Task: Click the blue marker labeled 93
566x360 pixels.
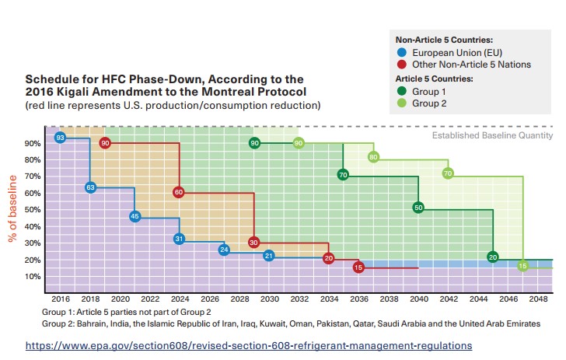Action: click(x=60, y=138)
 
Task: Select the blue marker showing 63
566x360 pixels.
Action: click(x=90, y=187)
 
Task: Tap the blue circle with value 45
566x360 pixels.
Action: click(x=135, y=216)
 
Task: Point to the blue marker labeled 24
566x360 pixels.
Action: click(x=224, y=250)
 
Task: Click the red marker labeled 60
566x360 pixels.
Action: click(x=179, y=192)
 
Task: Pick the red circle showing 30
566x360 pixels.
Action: click(x=253, y=243)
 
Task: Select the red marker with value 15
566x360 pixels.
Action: click(x=358, y=267)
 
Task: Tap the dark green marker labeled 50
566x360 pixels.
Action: click(x=418, y=208)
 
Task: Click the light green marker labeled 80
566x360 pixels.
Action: click(x=373, y=157)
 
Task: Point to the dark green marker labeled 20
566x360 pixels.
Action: click(x=492, y=257)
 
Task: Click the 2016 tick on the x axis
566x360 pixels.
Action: click(x=60, y=298)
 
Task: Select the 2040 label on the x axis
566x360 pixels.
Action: click(x=418, y=298)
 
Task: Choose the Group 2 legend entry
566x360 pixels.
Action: click(x=430, y=103)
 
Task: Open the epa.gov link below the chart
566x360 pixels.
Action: click(x=249, y=344)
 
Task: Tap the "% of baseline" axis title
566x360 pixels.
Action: click(x=12, y=209)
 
